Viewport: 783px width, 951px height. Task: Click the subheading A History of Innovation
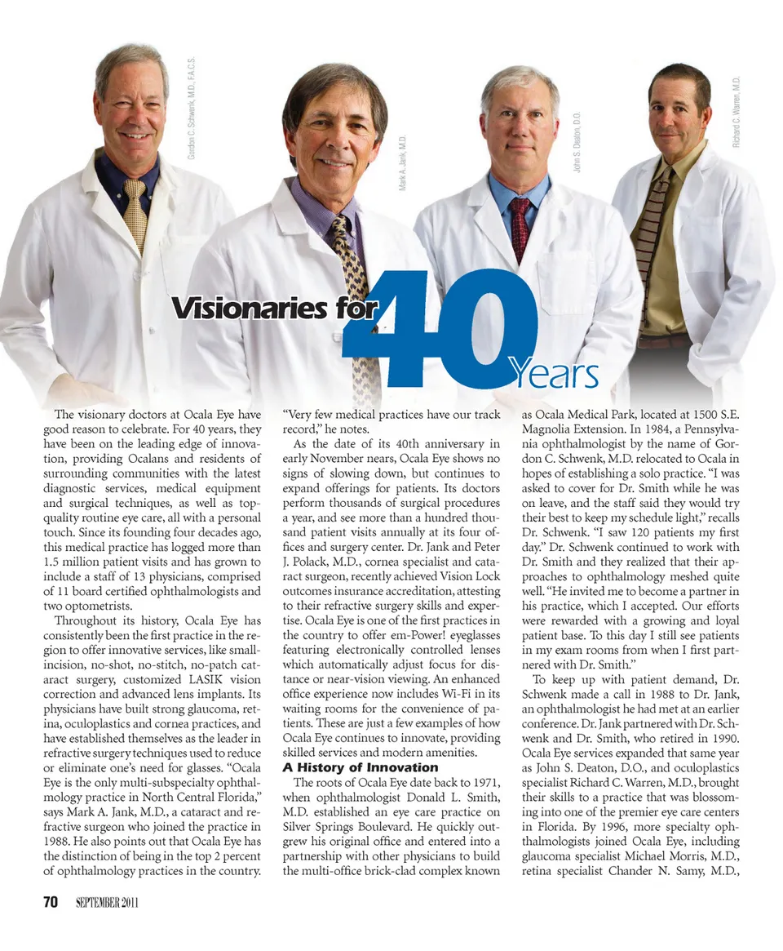(x=360, y=767)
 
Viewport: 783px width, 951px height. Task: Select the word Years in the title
(x=555, y=374)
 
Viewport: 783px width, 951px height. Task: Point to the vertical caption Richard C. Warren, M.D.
(x=736, y=111)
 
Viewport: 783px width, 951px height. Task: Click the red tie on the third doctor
(x=520, y=229)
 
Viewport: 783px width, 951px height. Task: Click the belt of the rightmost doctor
(x=662, y=340)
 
